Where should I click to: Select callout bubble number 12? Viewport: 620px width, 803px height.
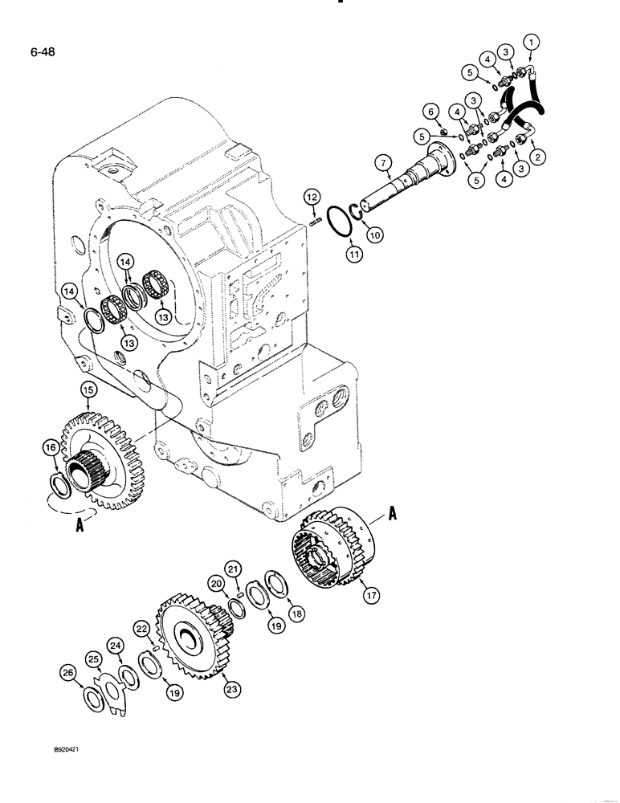[312, 195]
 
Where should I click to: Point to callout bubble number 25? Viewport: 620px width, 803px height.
[94, 659]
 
